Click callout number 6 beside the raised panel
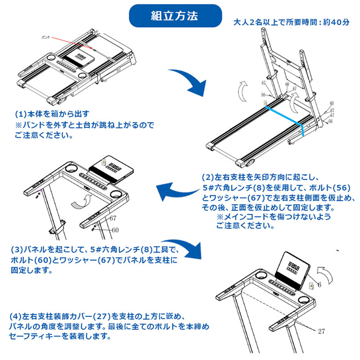319,284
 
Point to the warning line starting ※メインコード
274,217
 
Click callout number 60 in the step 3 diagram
115,229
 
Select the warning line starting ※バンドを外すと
84,125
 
